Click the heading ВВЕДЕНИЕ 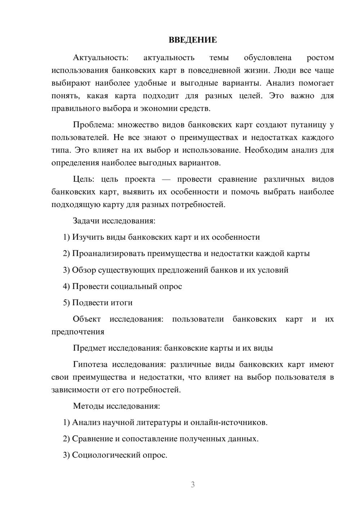(193, 40)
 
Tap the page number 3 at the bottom (193, 485)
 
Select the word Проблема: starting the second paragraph (93, 125)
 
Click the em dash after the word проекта (166, 180)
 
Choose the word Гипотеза (90, 365)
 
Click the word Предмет (89, 348)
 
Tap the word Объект (87, 319)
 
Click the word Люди (285, 70)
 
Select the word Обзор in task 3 (83, 270)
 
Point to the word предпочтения (78, 332)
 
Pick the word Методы (88, 406)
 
